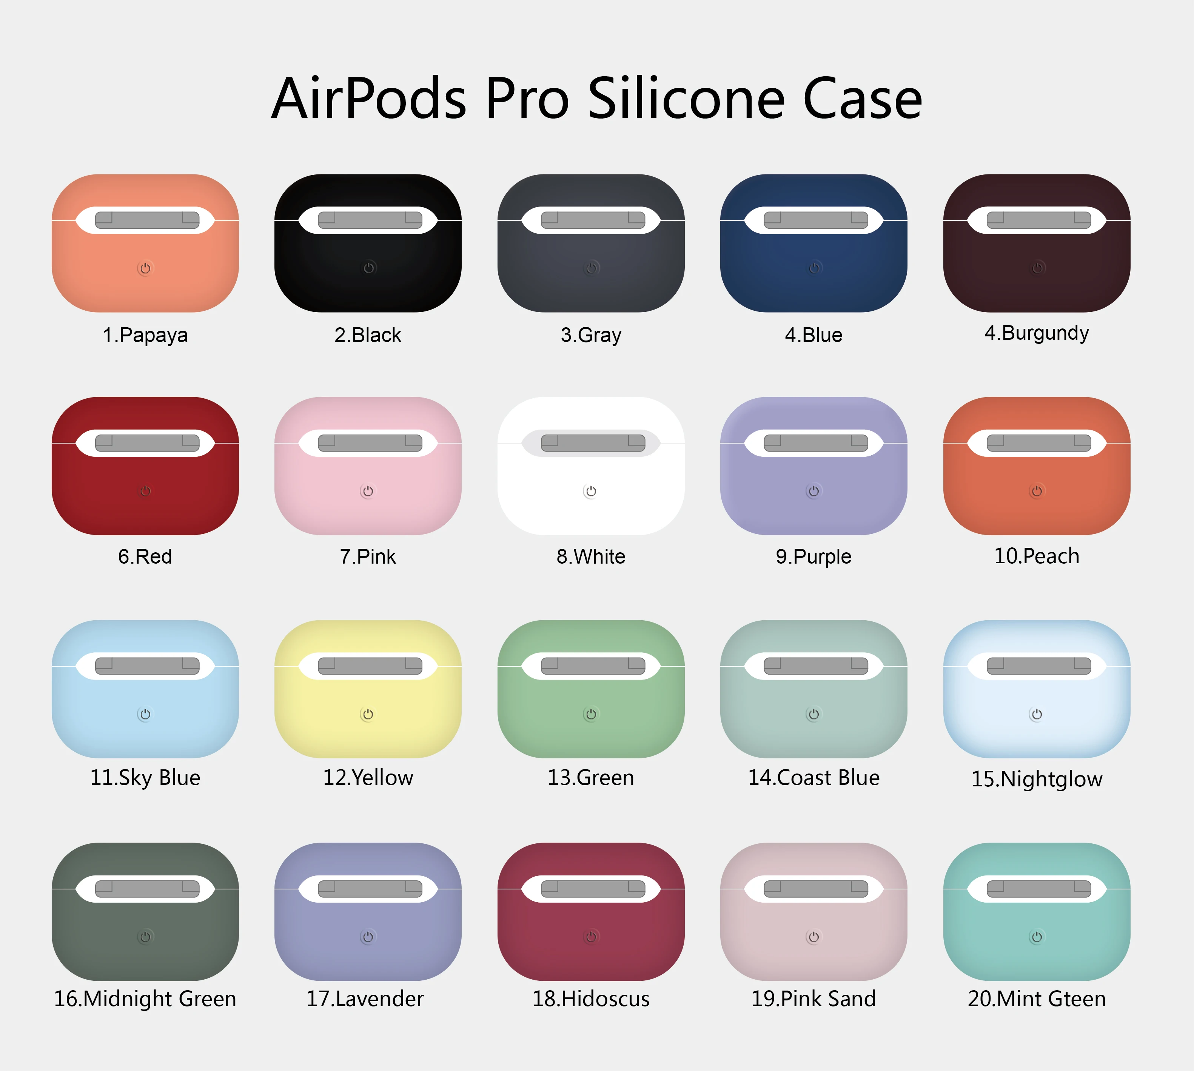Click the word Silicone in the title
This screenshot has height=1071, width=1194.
click(686, 99)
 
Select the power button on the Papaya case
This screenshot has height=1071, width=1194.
click(145, 268)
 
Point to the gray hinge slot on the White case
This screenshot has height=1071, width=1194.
click(593, 442)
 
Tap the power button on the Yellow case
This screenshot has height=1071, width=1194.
click(368, 714)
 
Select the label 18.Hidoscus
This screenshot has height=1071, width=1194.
click(591, 999)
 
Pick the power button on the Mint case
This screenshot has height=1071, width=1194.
click(1036, 937)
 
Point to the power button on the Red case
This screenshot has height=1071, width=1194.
click(145, 491)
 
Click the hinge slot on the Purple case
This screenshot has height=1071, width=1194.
click(816, 442)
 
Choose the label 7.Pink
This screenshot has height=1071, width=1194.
click(368, 557)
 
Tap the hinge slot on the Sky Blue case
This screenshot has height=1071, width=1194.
click(147, 666)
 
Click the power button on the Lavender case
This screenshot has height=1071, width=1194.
click(368, 937)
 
